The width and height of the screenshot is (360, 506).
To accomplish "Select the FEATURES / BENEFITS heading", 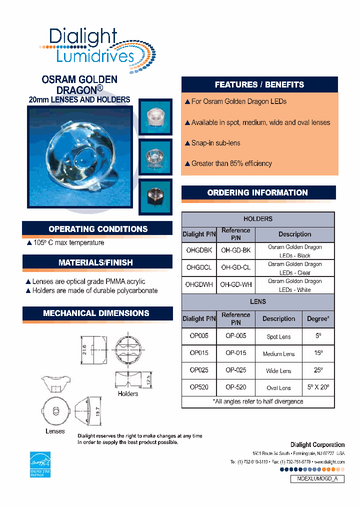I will coord(259,84).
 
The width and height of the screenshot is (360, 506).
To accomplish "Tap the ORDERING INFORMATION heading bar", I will coord(257,192).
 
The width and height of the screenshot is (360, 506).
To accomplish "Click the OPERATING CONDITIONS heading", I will coord(98,229).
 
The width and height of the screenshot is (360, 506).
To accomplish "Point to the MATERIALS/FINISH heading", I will coord(96,262).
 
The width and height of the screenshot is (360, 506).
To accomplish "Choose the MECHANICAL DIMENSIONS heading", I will coord(96,313).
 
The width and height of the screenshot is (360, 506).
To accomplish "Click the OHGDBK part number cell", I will coord(199,250).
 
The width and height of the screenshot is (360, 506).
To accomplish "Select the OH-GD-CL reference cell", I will coord(235,267).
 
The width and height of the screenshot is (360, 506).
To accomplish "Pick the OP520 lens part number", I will coord(199,387).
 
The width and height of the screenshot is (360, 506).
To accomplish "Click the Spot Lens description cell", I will coord(278,336).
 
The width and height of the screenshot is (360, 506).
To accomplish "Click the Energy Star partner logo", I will coord(40,464).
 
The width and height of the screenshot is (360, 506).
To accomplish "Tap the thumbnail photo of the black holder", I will coord(155,192).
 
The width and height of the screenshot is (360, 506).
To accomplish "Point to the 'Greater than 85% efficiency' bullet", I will coord(228,163).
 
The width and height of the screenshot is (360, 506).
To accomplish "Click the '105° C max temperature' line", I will coord(65,242).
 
